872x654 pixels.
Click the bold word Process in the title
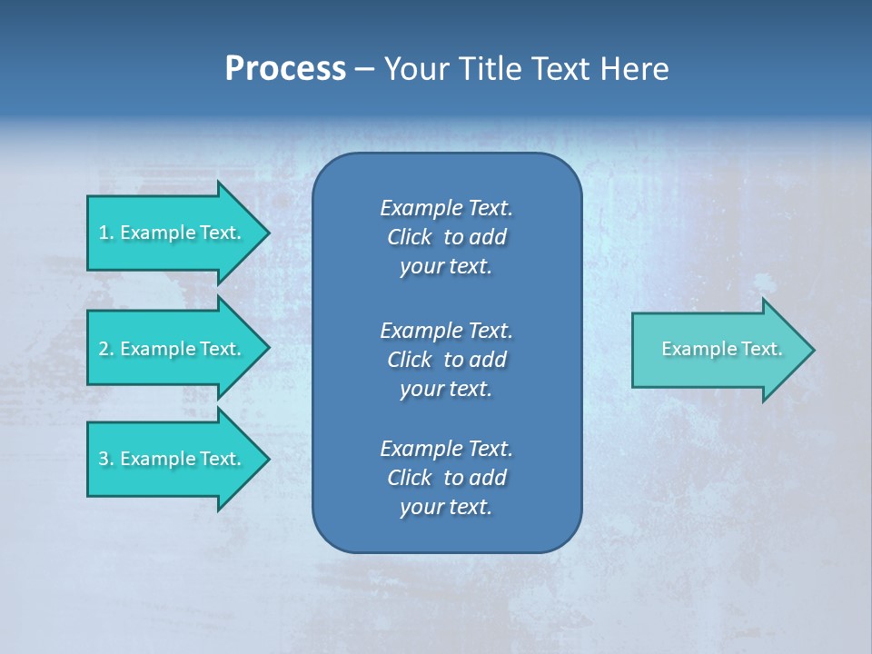coord(285,69)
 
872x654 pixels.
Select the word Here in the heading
coord(634,69)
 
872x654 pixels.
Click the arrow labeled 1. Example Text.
coord(173,233)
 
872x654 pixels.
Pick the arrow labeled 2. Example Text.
coord(173,349)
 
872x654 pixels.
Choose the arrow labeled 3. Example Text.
coord(173,459)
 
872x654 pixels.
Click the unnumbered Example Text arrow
coord(721,349)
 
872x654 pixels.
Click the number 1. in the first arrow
coord(105,233)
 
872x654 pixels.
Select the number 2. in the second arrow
coord(105,349)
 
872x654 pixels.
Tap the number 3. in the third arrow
coord(105,459)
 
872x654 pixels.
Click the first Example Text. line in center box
coord(446,208)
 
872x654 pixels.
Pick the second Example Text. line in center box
coord(446,330)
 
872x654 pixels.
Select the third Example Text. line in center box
coord(446,449)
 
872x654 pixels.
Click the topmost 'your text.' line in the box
coord(446,267)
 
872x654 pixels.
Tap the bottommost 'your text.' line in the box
coord(446,508)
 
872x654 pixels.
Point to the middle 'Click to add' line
coord(446,360)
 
